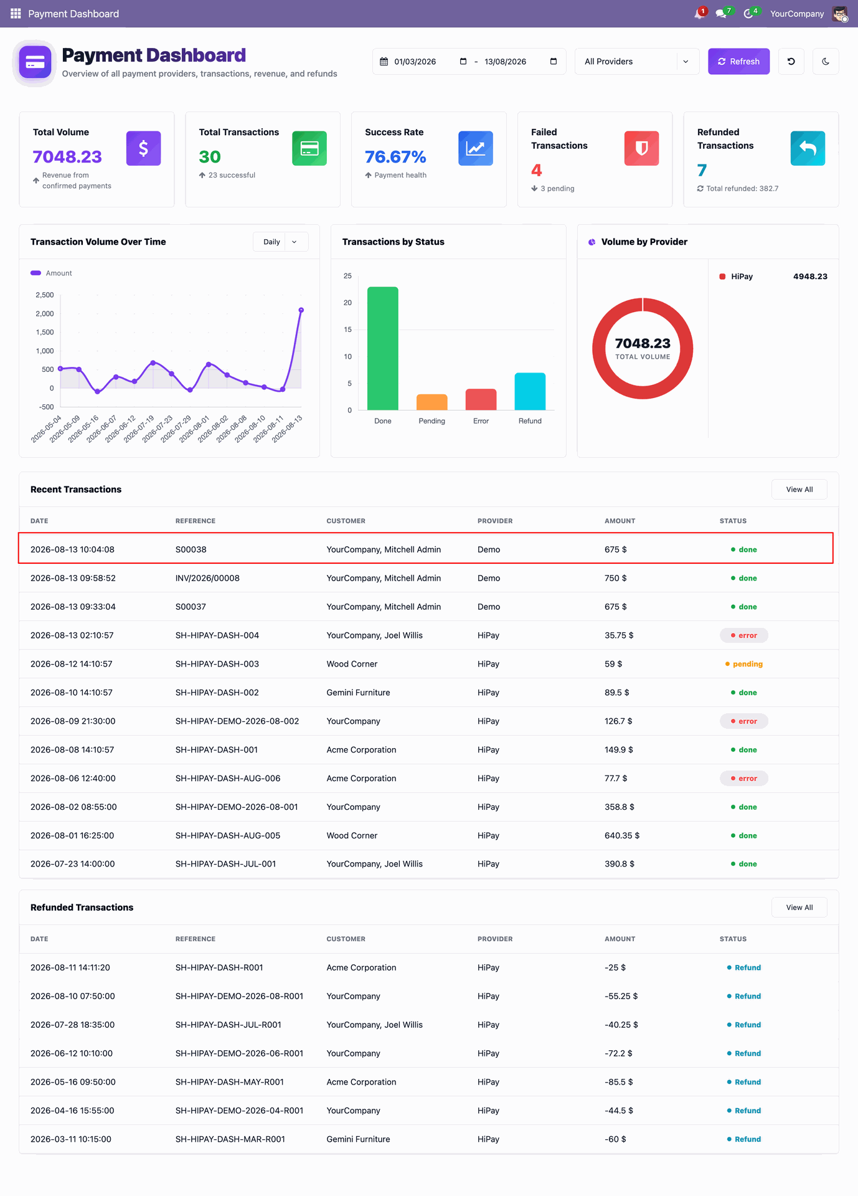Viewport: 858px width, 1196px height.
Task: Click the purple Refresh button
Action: pos(738,62)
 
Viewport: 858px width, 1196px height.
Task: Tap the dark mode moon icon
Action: pos(826,62)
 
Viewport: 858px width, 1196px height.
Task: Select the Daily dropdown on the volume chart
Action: pos(280,242)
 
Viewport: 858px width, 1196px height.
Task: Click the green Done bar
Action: pos(383,348)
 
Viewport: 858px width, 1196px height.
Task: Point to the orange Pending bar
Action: pos(432,402)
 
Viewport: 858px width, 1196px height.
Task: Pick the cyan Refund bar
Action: pos(530,391)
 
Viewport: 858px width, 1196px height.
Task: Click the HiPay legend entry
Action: pos(742,277)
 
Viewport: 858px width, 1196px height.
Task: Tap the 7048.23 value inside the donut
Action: pos(643,343)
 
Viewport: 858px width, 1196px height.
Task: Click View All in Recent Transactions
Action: pos(799,490)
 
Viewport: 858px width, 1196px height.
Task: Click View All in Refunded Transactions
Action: pos(799,908)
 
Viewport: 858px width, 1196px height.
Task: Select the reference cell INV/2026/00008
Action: pos(207,578)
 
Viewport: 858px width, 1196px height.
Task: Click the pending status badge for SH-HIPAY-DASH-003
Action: pos(744,664)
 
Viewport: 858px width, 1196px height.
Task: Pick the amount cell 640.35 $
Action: pos(622,835)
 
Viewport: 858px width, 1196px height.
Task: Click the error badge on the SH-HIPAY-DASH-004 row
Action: pos(744,635)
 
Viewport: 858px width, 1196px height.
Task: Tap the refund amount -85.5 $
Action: pos(619,1082)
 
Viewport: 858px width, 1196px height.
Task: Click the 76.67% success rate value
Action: pos(395,157)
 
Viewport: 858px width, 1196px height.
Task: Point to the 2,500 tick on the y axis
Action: pos(45,295)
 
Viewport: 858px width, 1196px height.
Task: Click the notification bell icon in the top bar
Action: pos(699,14)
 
